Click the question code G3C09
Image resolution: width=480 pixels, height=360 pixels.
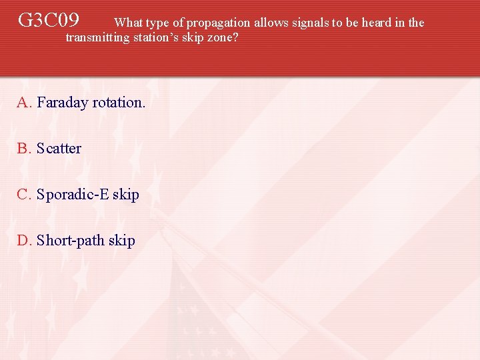49,20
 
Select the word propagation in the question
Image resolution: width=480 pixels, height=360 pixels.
218,23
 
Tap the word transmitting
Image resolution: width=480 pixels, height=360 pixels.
97,37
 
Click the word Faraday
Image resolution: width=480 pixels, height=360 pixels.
63,103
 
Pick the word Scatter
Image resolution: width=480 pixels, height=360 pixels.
59,149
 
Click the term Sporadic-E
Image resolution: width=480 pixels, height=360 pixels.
73,195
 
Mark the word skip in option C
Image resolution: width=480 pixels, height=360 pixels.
125,195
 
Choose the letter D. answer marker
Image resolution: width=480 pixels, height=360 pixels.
25,241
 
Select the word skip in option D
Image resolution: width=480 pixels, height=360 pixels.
121,241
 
